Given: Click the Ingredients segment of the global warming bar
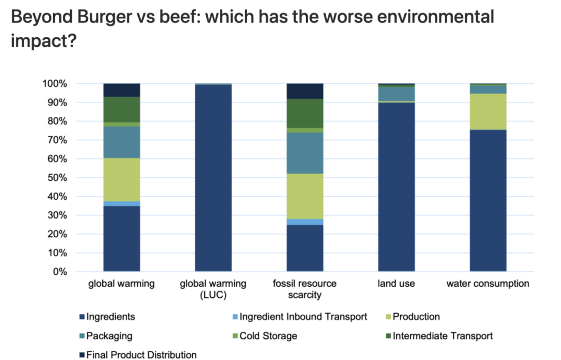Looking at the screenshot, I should tap(122, 238).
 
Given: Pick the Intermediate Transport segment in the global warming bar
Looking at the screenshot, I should tap(122, 110).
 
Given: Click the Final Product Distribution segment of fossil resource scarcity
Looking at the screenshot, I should tap(305, 91).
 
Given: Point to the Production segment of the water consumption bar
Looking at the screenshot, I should tap(488, 112).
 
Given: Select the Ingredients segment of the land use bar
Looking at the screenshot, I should tap(396, 187).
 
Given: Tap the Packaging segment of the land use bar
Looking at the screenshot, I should tap(396, 94).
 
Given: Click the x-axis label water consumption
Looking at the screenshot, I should tap(488, 284).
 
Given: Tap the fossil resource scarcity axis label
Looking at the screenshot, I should tap(305, 289).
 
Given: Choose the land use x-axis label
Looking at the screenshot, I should tap(396, 284).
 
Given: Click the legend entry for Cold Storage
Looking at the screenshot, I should tap(268, 336).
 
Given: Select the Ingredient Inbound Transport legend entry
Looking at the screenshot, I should tap(304, 316).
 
